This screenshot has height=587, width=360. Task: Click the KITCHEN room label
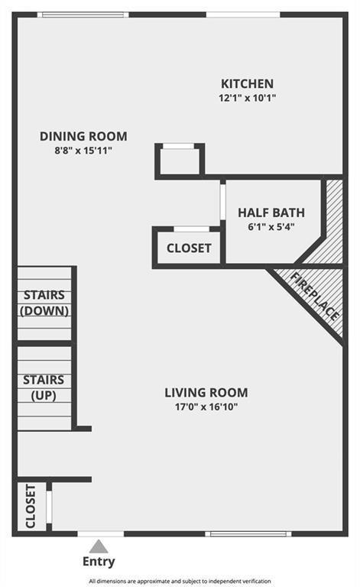(247, 83)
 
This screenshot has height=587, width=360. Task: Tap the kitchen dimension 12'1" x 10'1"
(247, 98)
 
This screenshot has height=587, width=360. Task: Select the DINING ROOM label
(83, 137)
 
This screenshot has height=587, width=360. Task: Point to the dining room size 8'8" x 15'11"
(83, 151)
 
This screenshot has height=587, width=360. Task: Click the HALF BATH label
(271, 212)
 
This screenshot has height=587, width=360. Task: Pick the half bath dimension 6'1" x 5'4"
(271, 226)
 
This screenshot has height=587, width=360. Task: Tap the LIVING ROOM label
(206, 393)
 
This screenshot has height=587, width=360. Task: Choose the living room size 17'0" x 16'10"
(206, 407)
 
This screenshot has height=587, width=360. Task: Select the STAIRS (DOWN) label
(44, 303)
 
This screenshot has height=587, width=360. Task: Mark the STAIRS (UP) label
(44, 388)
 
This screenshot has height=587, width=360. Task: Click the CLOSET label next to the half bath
(189, 248)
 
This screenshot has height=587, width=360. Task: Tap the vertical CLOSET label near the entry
(31, 506)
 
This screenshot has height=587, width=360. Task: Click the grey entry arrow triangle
(98, 546)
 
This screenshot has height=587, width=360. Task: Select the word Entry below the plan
(99, 563)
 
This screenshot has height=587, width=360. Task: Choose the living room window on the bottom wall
(238, 533)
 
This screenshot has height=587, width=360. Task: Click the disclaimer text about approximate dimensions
(180, 582)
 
